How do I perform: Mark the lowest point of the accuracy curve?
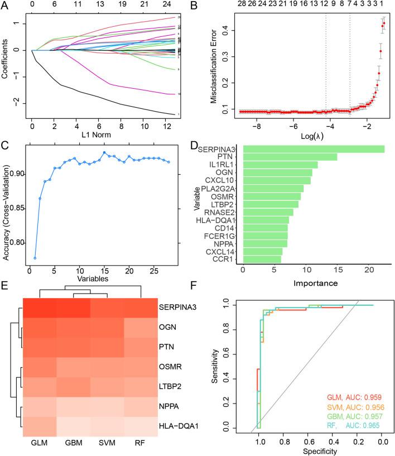tap(35, 258)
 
